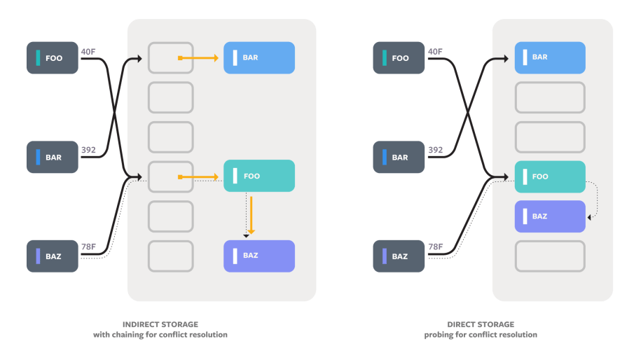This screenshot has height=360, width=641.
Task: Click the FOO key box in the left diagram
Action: pos(53,58)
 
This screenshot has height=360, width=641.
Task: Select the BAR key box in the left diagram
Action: pos(53,158)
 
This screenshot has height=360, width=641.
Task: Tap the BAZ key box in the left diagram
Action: pos(53,256)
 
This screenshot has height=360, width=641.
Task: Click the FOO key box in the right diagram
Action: pos(399,58)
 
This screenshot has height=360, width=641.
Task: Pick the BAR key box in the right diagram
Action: pos(399,158)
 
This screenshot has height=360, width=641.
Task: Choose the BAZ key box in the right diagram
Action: pos(399,256)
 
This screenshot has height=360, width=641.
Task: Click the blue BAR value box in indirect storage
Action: pos(259,57)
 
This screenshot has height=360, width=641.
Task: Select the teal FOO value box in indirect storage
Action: pos(259,176)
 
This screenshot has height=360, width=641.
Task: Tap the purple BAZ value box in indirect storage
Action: pos(259,256)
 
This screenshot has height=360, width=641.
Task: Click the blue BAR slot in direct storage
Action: pos(550,57)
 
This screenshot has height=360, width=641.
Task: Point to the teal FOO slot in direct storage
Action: pos(550,176)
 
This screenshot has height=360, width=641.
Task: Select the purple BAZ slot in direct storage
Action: pos(550,216)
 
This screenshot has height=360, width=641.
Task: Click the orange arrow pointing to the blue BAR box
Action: pos(199,58)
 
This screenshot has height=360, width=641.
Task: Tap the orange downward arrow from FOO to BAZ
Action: pos(251,214)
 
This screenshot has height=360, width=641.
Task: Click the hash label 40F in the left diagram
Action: pos(88,51)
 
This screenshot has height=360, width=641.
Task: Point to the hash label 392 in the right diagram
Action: pos(436,150)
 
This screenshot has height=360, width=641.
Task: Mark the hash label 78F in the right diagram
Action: pos(436,247)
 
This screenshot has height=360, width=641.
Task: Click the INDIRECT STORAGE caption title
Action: pos(160,324)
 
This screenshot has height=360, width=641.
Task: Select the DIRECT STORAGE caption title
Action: pos(481,324)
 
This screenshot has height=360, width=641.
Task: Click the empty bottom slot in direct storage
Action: pos(550,256)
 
